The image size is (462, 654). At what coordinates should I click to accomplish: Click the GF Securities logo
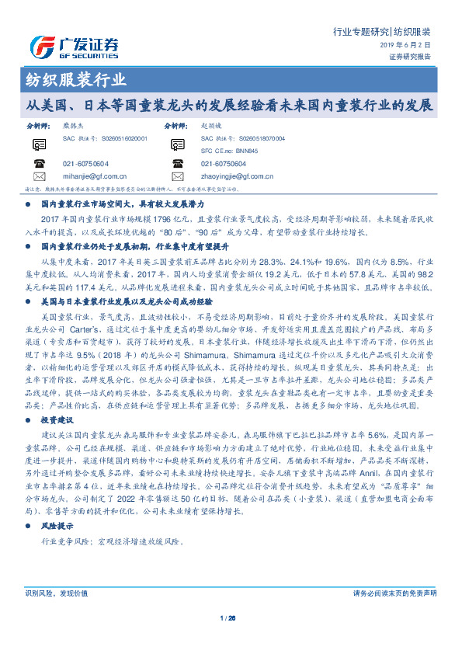pyautogui.click(x=74, y=46)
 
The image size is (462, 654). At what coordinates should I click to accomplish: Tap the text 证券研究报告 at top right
pyautogui.click(x=409, y=57)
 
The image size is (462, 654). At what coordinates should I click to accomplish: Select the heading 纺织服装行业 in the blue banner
pyautogui.click(x=71, y=80)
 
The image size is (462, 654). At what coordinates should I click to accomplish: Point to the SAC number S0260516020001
pyautogui.click(x=103, y=137)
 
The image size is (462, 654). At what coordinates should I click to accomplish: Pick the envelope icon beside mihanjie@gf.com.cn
pyautogui.click(x=39, y=176)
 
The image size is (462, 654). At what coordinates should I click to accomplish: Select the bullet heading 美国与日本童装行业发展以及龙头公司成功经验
pyautogui.click(x=129, y=277)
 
